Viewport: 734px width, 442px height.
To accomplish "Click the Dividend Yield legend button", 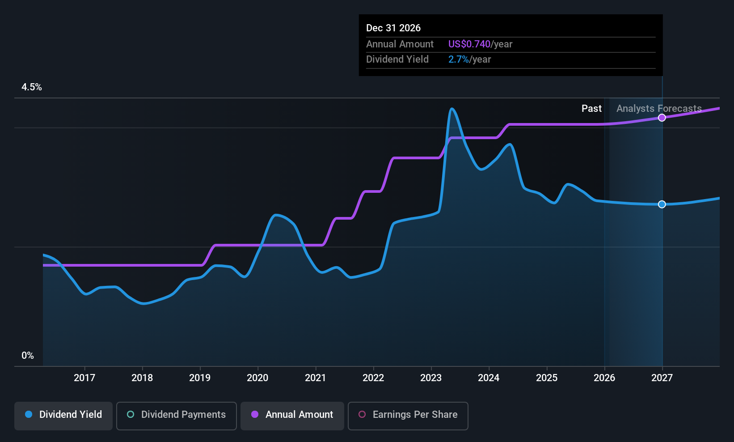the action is [63, 416].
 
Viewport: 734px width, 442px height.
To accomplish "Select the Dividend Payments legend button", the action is [176, 416].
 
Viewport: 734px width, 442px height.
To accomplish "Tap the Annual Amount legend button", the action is [292, 416].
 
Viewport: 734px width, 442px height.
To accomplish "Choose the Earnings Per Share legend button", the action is [408, 416].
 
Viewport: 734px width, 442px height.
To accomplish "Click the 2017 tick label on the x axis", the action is [84, 378].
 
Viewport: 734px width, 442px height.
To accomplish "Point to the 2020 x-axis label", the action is [257, 378].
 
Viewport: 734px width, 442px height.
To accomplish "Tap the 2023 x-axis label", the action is [431, 378].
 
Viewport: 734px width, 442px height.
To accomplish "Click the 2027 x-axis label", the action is [662, 378].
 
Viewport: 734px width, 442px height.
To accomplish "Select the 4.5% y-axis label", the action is [32, 87].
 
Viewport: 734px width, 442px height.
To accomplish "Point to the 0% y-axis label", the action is [28, 356].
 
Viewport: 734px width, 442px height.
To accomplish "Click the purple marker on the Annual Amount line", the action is [662, 117].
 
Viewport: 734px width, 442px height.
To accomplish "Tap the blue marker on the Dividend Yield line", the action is [662, 204].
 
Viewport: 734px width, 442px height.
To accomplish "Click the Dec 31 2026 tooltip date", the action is [393, 28].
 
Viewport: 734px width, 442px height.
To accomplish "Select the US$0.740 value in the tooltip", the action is [469, 44].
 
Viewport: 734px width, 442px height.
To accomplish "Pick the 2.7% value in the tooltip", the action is [459, 59].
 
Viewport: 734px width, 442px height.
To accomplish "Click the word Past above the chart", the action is [591, 109].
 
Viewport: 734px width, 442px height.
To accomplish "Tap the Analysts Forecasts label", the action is [659, 109].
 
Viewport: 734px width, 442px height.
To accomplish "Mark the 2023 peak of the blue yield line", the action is [452, 108].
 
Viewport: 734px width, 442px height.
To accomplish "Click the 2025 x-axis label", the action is [547, 378].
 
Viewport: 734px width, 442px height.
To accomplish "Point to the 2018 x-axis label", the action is [142, 378].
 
